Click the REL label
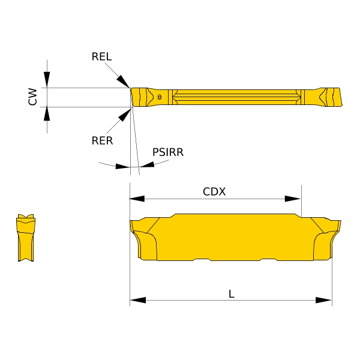coord(101,56)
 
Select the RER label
coord(102,140)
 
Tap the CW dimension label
coord(32,97)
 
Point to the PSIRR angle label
coord(168,152)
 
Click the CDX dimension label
coord(214,191)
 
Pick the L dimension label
coord(232,294)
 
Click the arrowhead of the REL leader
coord(123,81)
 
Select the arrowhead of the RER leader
coord(125,115)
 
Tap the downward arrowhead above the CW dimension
coord(47,79)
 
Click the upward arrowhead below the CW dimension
coord(47,113)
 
